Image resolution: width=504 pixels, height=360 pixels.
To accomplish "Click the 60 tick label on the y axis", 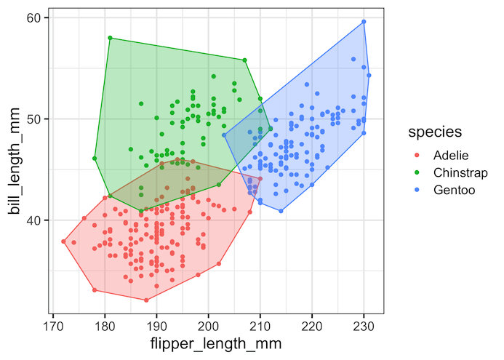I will pyautogui.click(x=34, y=17).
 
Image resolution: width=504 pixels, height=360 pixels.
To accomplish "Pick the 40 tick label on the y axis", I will pyautogui.click(x=34, y=220).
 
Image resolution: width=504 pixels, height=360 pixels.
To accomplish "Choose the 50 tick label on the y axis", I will pyautogui.click(x=34, y=119).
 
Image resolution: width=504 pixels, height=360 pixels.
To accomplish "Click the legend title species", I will pyautogui.click(x=437, y=132).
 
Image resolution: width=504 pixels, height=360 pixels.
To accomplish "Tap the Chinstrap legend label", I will pyautogui.click(x=460, y=172).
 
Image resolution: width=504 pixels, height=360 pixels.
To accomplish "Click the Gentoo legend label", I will pyautogui.click(x=453, y=190).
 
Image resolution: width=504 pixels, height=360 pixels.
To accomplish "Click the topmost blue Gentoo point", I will pyautogui.click(x=364, y=22).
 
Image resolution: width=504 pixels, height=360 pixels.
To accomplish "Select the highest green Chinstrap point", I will pyautogui.click(x=110, y=38).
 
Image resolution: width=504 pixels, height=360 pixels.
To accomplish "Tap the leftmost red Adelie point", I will pyautogui.click(x=64, y=241).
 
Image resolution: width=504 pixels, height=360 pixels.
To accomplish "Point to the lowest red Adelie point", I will pyautogui.click(x=146, y=300).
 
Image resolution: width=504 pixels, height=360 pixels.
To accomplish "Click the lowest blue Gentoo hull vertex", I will pyautogui.click(x=281, y=211).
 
